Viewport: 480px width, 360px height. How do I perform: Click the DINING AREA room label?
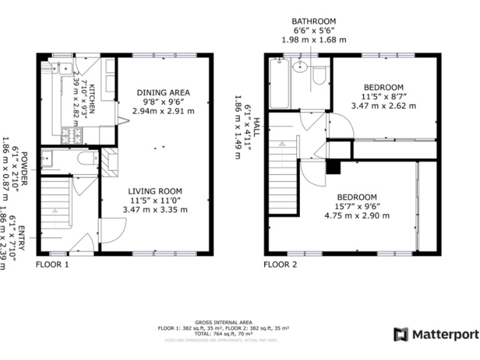(x=163, y=92)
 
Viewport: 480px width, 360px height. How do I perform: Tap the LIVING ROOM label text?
(x=155, y=191)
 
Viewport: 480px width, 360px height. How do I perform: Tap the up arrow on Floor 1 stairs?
(x=56, y=211)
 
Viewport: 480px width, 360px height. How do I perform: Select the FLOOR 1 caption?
(x=52, y=264)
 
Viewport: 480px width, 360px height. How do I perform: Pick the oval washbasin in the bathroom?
(x=301, y=66)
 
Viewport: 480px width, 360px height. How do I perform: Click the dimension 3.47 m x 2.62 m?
(x=383, y=106)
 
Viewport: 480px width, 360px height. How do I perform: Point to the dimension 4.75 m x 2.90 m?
(x=357, y=216)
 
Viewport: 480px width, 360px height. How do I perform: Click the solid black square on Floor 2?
(x=334, y=167)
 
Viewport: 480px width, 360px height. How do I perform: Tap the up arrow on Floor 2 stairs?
(x=282, y=144)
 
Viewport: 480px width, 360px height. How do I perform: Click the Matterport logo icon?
(x=401, y=334)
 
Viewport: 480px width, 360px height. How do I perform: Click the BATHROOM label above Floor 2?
(x=313, y=21)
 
